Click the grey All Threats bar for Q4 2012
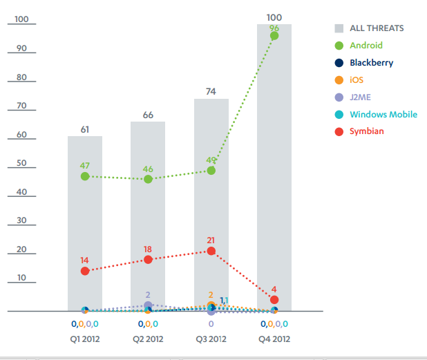[x=274, y=166]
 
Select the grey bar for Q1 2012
[x=85, y=221]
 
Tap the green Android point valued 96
[x=274, y=36]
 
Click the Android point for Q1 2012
[x=85, y=176]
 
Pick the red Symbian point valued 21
[x=211, y=252]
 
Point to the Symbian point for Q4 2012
[x=274, y=300]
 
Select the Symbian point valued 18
[x=148, y=260]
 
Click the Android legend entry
[x=366, y=46]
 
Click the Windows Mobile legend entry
[x=383, y=115]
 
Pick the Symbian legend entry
[x=367, y=131]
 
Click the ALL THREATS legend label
[x=377, y=28]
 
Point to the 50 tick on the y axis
[x=21, y=164]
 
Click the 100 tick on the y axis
[x=21, y=19]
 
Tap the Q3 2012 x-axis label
[x=211, y=339]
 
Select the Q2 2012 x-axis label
[x=148, y=339]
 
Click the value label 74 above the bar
[x=211, y=91]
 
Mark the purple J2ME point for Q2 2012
[x=148, y=305]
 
